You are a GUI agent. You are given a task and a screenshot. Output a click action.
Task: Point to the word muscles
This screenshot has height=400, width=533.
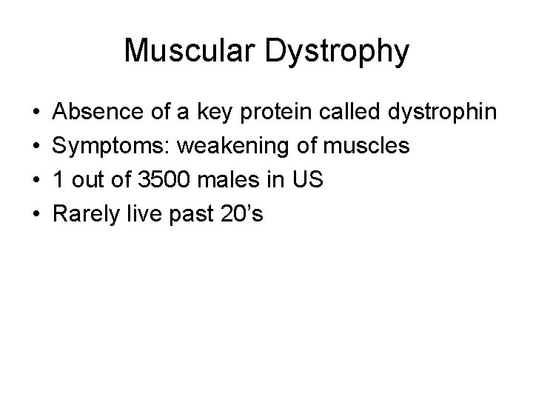click(x=369, y=147)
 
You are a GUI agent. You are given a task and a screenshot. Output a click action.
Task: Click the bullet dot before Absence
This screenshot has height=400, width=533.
click(x=37, y=113)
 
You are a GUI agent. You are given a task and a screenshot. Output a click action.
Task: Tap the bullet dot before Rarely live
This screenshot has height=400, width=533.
click(x=37, y=216)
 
